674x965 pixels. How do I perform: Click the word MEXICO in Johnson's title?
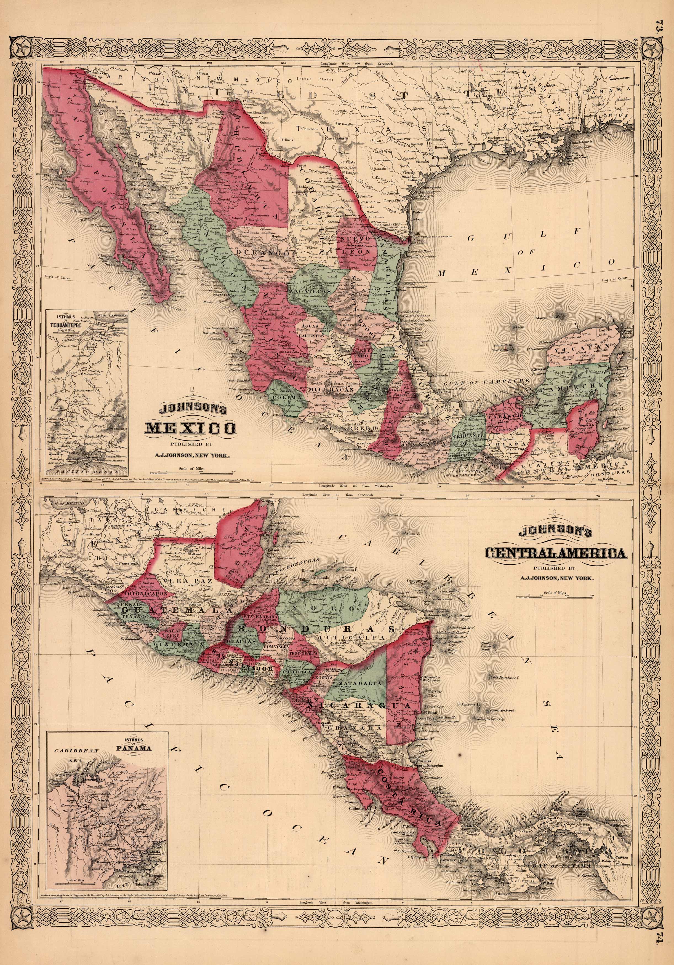(x=190, y=428)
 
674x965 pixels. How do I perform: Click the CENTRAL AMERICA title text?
(x=556, y=554)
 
